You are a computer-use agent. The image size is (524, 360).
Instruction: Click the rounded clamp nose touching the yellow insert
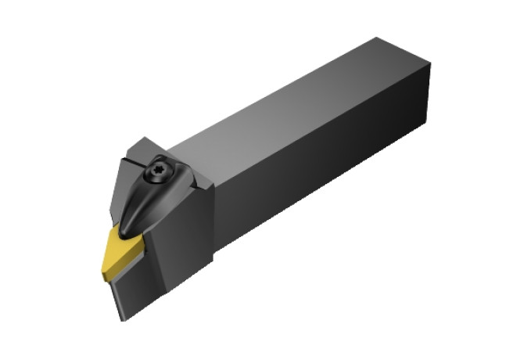[130, 227]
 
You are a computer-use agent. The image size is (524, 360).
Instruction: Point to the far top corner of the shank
[380, 36]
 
